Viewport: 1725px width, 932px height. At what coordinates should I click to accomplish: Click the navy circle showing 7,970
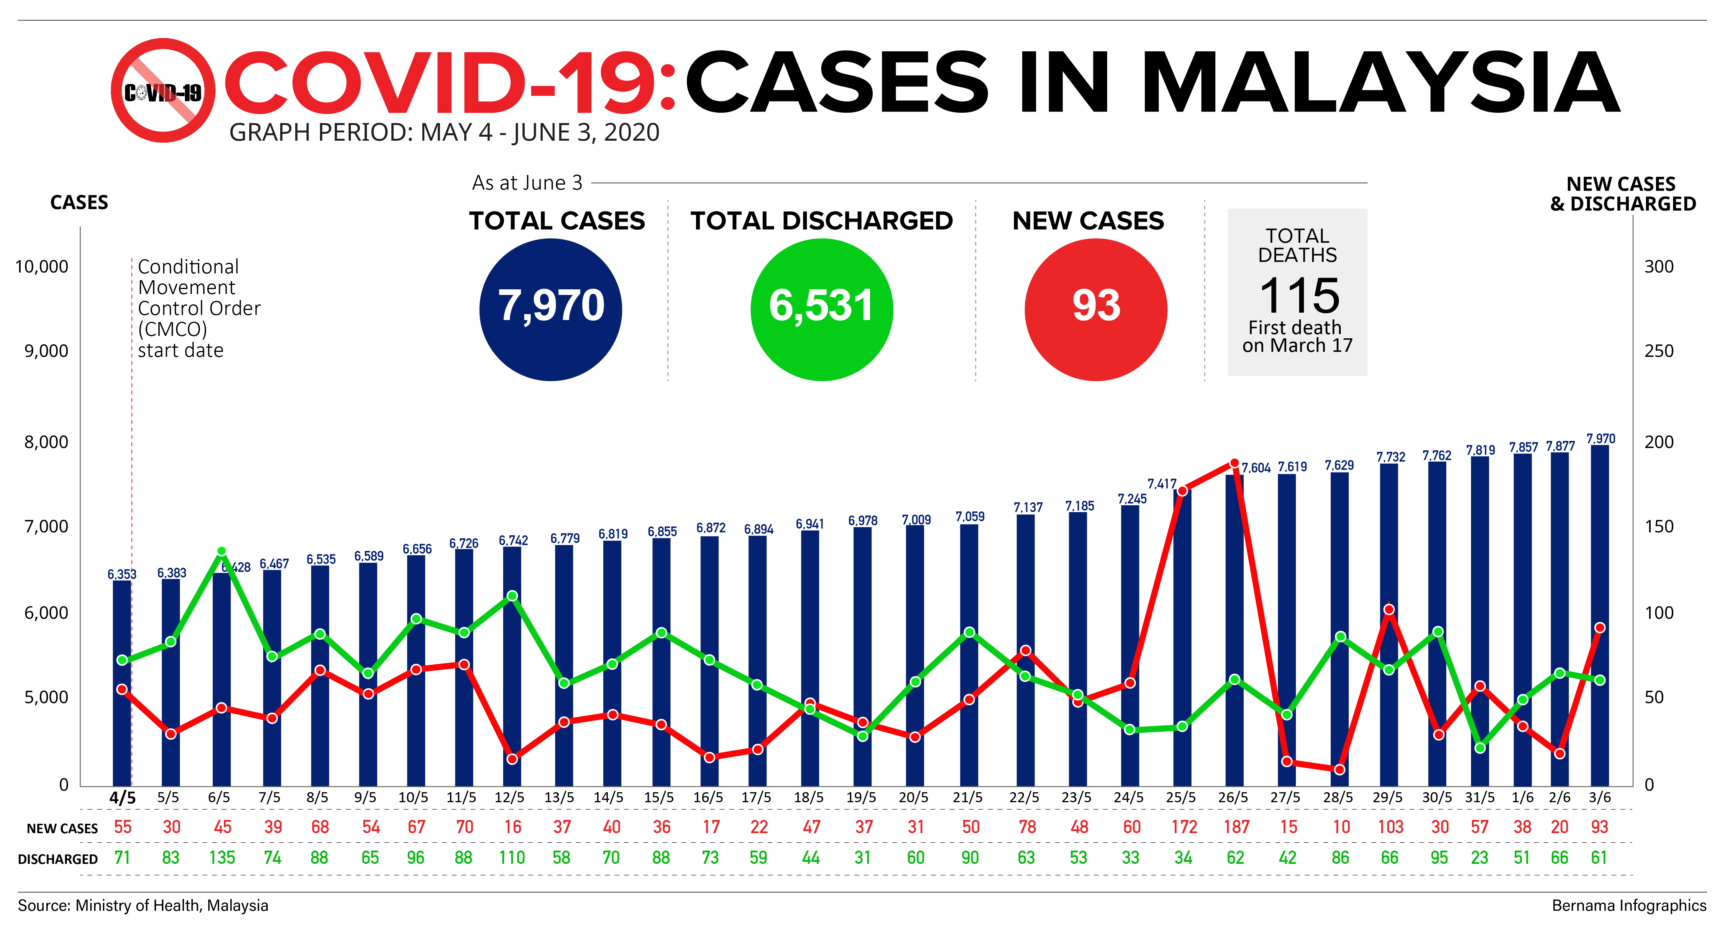pos(550,309)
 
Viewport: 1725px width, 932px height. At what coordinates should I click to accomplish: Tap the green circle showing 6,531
pos(822,309)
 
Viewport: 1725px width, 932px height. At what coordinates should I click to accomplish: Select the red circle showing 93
pos(1096,309)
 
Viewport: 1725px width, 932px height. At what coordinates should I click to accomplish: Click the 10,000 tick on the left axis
pos(42,267)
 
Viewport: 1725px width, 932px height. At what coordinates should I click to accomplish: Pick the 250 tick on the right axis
pos(1659,351)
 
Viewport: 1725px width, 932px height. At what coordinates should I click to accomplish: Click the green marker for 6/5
pos(222,551)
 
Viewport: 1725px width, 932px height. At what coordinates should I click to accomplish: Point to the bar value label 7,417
pos(1162,483)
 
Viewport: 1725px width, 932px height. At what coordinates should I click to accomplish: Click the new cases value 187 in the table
pos(1236,827)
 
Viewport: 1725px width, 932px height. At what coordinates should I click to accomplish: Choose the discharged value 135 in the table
pos(222,858)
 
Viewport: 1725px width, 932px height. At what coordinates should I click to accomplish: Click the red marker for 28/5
pos(1339,769)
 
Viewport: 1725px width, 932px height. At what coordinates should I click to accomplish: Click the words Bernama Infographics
pos(1629,905)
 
